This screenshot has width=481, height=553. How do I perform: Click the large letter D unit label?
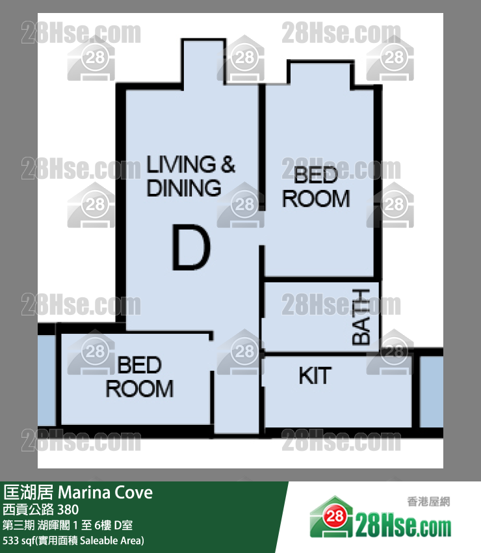191,248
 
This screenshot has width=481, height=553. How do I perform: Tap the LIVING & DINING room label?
190,176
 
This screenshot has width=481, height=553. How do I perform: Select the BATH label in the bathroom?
361,316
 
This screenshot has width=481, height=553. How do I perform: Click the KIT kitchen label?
315,375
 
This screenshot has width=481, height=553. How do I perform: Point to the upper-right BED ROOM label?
316,187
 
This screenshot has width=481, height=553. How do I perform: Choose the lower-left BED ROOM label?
140,377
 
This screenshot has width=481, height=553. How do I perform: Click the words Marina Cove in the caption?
105,492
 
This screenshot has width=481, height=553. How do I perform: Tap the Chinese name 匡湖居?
28,492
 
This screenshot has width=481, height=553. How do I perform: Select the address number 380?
68,509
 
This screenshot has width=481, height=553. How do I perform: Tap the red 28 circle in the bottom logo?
334,517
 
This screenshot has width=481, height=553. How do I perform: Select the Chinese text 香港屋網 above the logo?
428,501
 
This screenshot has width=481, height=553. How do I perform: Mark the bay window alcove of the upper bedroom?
320,75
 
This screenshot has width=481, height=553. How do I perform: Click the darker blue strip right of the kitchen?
432,392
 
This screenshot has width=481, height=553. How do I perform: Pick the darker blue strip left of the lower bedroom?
47,380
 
